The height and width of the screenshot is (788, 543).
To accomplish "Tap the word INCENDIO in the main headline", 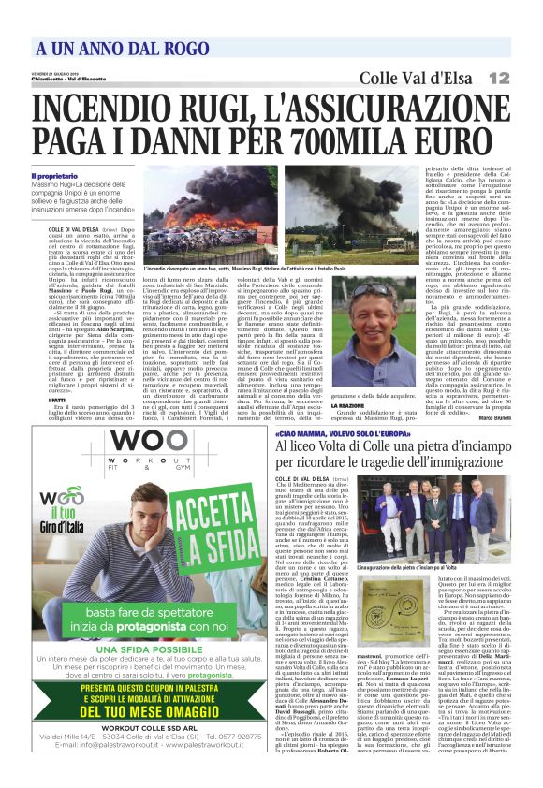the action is [x=99, y=109].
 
